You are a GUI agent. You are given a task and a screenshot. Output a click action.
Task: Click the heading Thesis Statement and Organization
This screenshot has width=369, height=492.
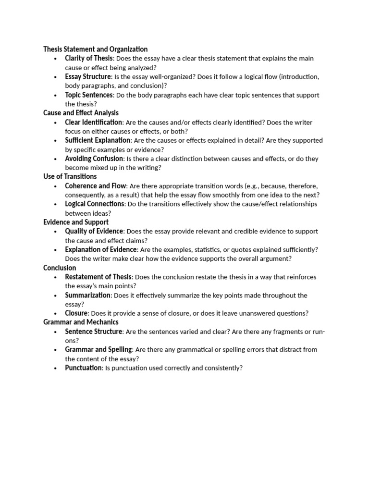coord(95,49)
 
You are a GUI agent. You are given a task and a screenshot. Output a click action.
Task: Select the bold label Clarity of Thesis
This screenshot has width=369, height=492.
coord(89,58)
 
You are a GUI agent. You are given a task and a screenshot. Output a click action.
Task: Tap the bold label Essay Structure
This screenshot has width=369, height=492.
coord(88,76)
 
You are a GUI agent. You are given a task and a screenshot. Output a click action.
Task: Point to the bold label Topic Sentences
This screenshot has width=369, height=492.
coord(89,95)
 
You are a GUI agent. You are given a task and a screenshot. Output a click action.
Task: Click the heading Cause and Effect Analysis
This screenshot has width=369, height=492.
coord(81,113)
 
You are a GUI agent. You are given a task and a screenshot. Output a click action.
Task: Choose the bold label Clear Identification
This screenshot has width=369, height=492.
coord(94,122)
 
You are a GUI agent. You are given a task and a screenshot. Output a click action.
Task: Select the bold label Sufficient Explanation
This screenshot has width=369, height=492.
coord(98,140)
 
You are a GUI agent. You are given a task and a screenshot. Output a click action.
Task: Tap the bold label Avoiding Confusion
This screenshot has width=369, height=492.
coord(94,159)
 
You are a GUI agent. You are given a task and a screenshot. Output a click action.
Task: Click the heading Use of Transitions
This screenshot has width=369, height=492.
coord(70,176)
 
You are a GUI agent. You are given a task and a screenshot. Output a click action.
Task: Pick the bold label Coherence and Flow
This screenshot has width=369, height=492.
coord(95,185)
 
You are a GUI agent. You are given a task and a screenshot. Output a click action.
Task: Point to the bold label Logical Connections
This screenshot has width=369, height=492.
coord(95,204)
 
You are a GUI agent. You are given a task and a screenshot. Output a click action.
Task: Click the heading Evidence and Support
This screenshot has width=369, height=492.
coord(75,222)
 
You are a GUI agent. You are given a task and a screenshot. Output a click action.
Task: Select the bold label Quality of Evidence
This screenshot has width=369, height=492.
coord(94,231)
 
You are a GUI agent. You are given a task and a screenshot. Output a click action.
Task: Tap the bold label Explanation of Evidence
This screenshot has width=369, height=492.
coord(101,249)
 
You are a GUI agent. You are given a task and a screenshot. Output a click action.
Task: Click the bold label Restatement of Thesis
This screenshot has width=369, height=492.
coord(98,277)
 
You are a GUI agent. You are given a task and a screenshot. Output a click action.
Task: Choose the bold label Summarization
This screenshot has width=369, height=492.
coord(88,295)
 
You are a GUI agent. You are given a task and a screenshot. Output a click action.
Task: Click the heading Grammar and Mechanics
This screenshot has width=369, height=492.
coord(81,322)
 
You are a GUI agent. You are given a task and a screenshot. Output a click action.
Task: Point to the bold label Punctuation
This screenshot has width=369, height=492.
coord(84,368)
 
